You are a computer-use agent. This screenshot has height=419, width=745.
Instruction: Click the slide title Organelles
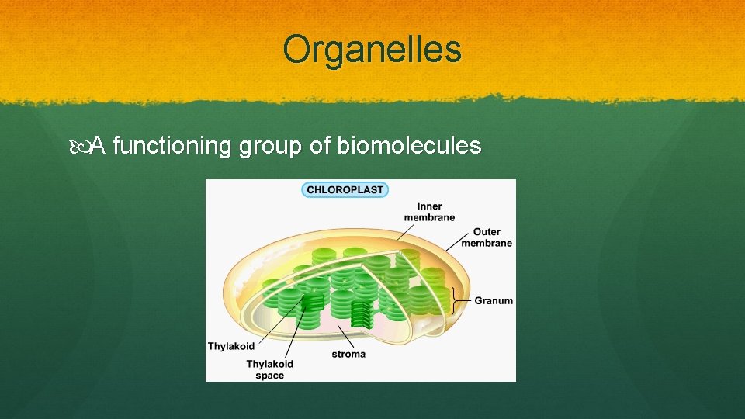coord(372,50)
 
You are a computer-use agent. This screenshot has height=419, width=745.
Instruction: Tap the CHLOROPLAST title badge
coord(345,189)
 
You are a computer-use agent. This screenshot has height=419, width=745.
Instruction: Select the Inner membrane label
coord(429,212)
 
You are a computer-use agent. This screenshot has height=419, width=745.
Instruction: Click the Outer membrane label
coord(487,237)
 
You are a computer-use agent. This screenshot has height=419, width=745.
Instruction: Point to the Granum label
coord(494,300)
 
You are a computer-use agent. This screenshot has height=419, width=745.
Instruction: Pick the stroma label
coord(348,354)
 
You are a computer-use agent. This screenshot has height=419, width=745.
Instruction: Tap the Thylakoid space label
coord(270,369)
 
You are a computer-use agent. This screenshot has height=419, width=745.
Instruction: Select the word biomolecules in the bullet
coord(409,145)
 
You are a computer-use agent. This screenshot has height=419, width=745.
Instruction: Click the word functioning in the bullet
coord(172,145)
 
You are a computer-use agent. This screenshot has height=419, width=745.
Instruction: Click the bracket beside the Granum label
coord(454,300)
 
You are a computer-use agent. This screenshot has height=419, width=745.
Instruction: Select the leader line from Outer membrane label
coord(457,240)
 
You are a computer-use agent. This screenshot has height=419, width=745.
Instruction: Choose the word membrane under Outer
coord(487,243)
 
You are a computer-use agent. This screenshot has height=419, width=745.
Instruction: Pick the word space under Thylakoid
coord(270,376)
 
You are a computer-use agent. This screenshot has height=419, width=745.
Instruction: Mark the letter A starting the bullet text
coord(99,145)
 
